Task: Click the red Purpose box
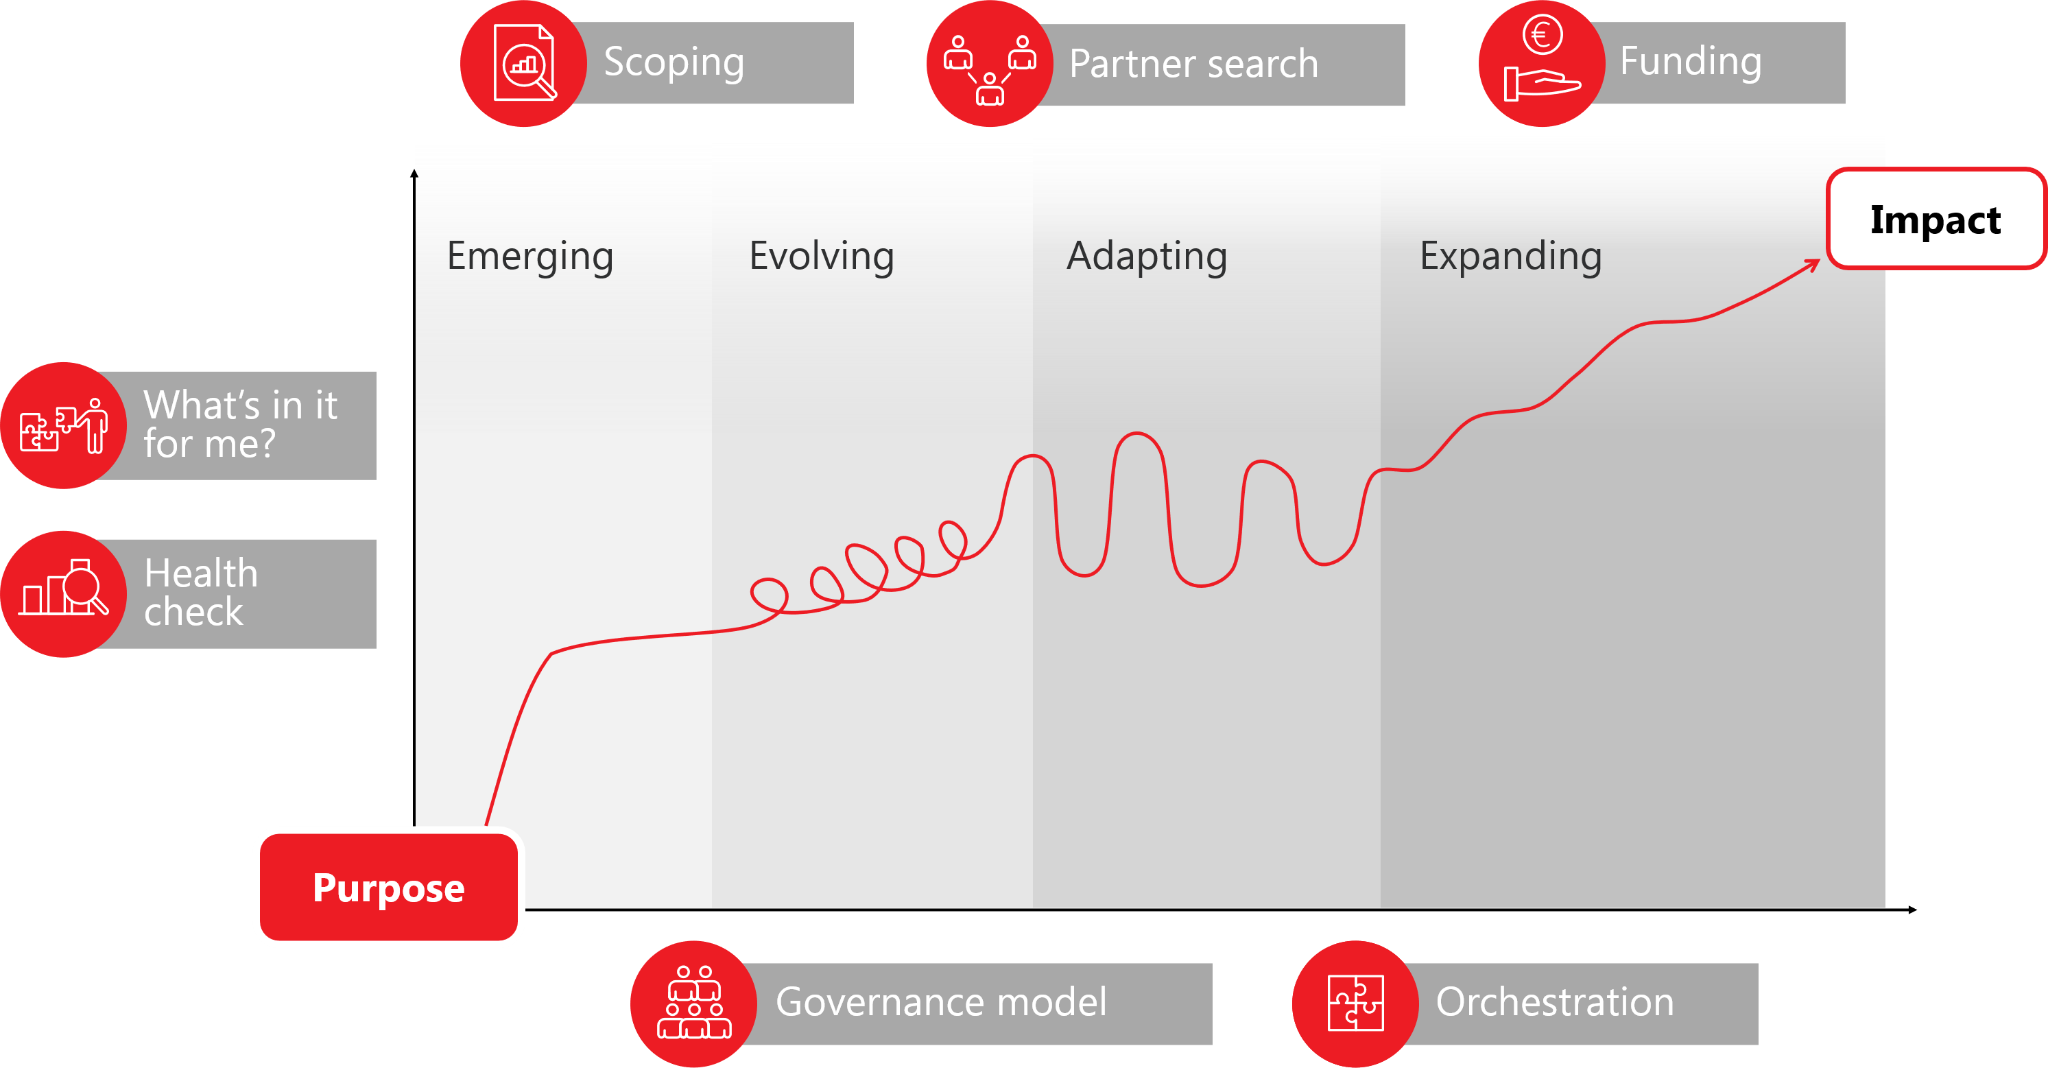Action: (x=389, y=887)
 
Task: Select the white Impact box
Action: (x=1936, y=219)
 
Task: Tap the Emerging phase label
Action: (x=530, y=257)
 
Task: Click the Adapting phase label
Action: (x=1147, y=257)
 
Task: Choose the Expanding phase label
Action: (x=1510, y=257)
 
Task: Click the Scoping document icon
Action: (x=524, y=63)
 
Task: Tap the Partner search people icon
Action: (x=990, y=69)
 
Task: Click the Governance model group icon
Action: (x=694, y=1002)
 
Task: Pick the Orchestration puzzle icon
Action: (x=1355, y=1003)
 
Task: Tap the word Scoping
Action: (x=674, y=63)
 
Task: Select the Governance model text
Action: (x=941, y=1001)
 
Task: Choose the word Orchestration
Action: (x=1555, y=1001)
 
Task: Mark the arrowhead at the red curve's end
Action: (x=1813, y=265)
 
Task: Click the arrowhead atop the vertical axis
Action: (x=414, y=174)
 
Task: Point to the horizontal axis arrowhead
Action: (x=1912, y=910)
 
